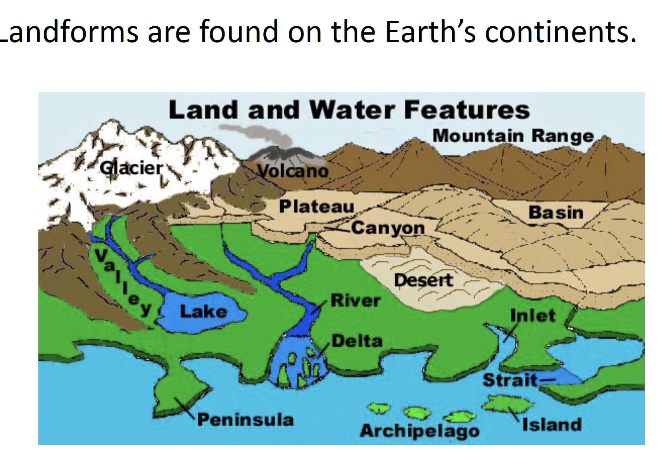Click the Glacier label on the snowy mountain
tap(131, 168)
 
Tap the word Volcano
tap(293, 171)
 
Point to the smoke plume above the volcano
tap(263, 135)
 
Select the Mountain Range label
tap(513, 136)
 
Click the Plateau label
tap(317, 206)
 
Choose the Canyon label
tap(388, 228)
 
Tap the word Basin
tap(556, 213)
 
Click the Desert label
tap(424, 280)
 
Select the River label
tap(355, 301)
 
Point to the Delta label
tap(357, 341)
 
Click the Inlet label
tap(533, 315)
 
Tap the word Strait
tap(510, 380)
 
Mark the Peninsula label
tap(245, 419)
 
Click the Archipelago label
tap(420, 431)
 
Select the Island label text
tap(552, 425)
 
